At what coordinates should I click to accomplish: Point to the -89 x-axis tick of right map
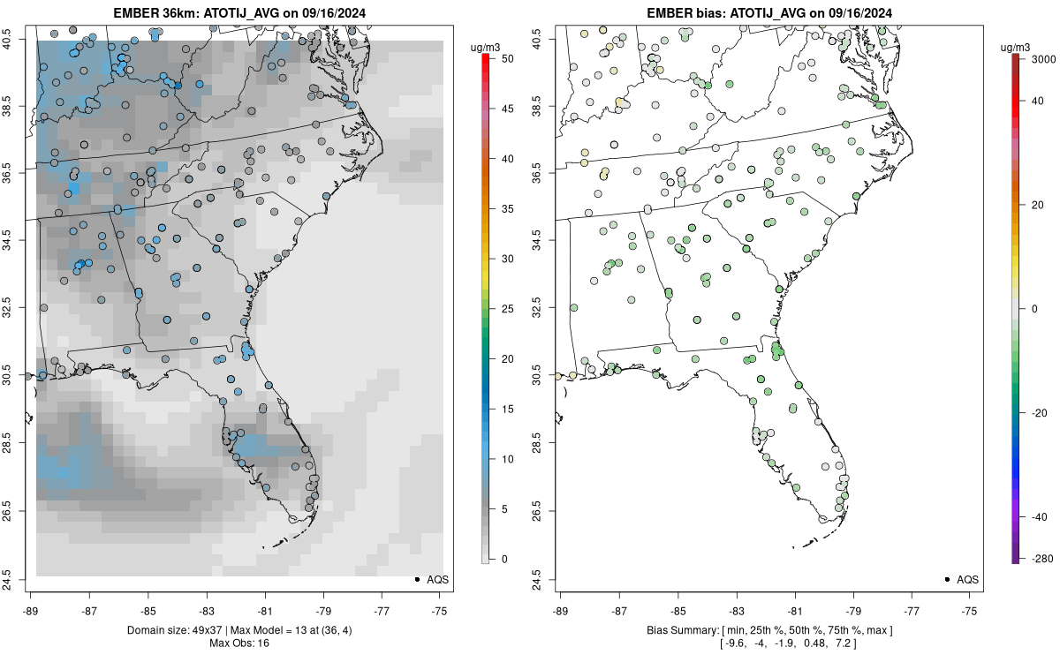tap(561, 609)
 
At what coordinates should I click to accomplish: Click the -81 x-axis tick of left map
tap(265, 609)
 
